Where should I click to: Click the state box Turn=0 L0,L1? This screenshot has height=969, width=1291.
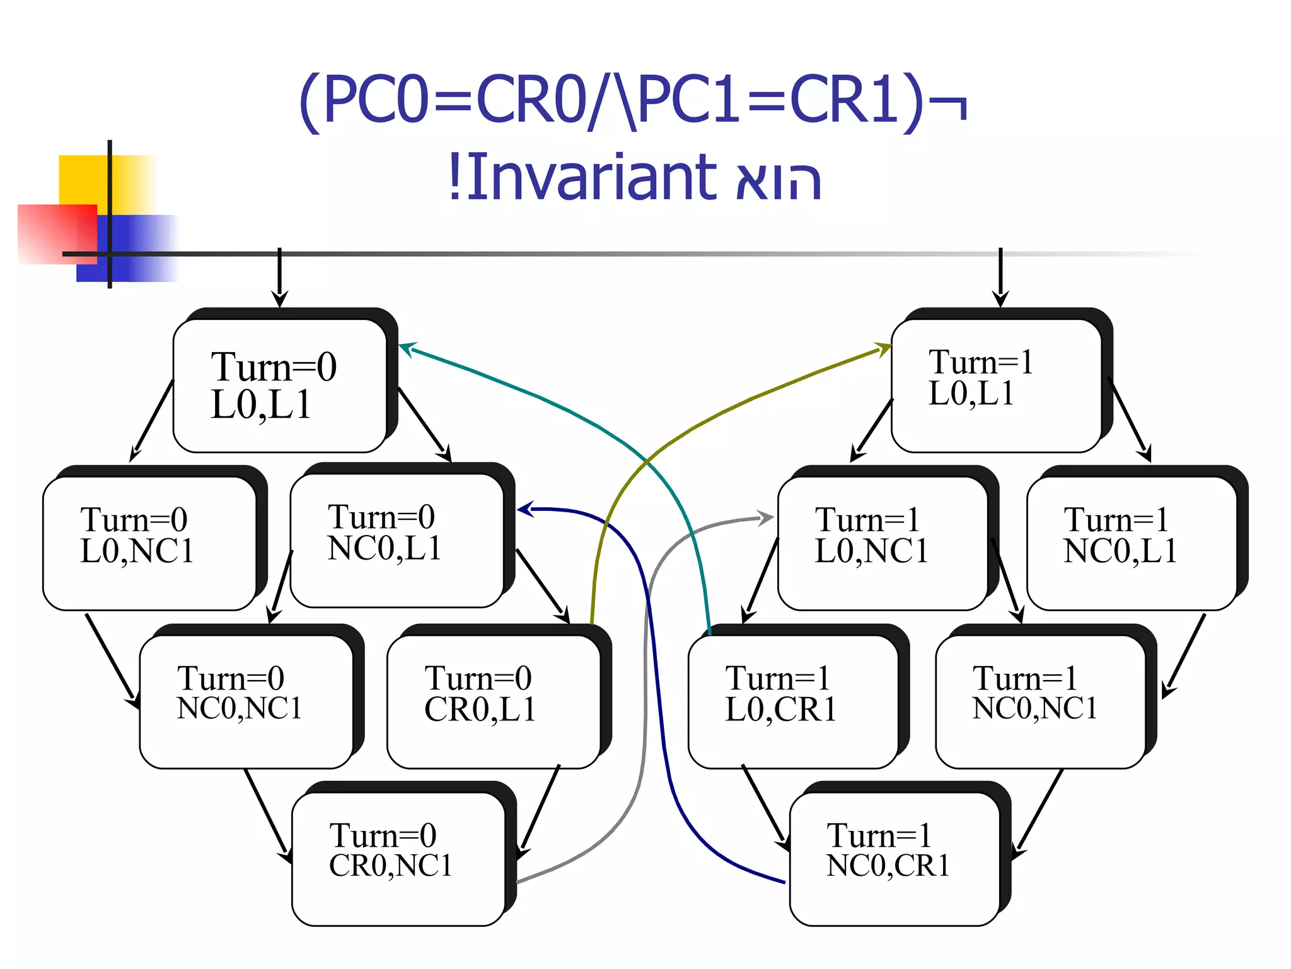[280, 385]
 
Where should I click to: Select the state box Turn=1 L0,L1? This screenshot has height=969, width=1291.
[996, 385]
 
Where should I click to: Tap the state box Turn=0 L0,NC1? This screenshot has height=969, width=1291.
[149, 543]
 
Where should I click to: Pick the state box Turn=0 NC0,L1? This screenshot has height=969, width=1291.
[397, 541]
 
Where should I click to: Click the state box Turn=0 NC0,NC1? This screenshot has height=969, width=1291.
[246, 701]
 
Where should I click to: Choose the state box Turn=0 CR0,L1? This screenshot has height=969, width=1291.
[494, 701]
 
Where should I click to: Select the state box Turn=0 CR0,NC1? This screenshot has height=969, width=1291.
[398, 859]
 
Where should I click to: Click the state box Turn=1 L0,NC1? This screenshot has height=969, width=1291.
[882, 543]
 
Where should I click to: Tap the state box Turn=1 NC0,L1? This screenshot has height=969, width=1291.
[1132, 543]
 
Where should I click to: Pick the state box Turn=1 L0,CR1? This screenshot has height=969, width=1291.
[792, 701]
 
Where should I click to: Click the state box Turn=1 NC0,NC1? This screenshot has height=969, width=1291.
[1040, 701]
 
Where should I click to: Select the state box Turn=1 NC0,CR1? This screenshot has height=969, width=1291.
[894, 859]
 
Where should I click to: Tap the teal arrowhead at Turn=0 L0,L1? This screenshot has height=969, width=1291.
[407, 348]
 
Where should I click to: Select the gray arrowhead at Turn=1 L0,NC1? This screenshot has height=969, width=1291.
[767, 519]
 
